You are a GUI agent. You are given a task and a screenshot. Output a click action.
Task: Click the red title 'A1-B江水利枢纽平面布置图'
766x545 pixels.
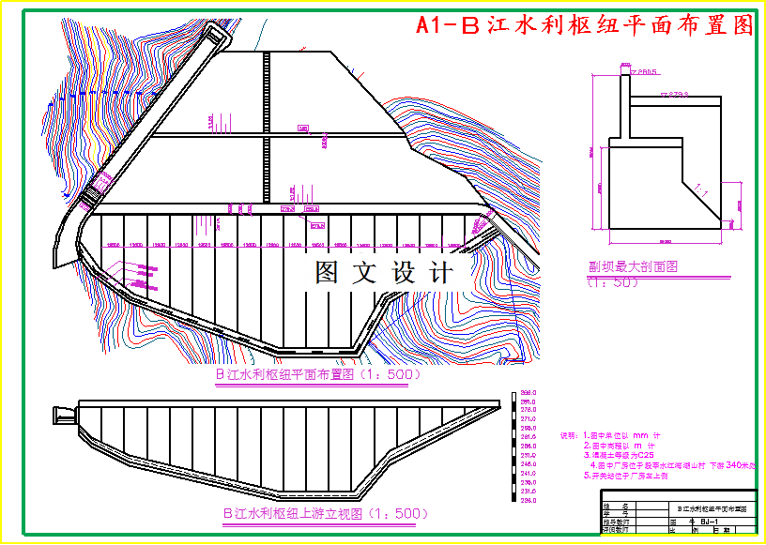[x=585, y=25]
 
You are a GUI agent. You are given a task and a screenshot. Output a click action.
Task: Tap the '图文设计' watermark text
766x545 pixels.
[x=384, y=273]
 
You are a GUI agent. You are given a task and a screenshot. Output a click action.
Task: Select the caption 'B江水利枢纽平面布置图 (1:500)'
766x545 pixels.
[x=318, y=374]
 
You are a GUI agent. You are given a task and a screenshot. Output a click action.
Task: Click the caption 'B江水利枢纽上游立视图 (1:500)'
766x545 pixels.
[x=326, y=514]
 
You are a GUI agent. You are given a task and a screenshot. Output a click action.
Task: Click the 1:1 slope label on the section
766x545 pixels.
[x=699, y=189]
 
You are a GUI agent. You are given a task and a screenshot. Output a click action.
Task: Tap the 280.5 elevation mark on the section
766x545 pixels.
[x=647, y=71]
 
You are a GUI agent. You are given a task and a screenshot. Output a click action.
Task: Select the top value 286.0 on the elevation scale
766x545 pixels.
[x=528, y=392]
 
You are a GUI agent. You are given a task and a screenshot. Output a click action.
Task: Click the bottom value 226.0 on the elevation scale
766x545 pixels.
[x=528, y=502]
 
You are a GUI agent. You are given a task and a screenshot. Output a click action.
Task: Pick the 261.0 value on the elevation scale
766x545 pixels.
[x=528, y=436]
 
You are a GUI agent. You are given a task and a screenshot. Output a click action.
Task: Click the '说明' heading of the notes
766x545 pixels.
[x=569, y=435]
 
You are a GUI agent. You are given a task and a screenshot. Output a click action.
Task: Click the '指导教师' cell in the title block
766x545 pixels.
[x=616, y=522]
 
